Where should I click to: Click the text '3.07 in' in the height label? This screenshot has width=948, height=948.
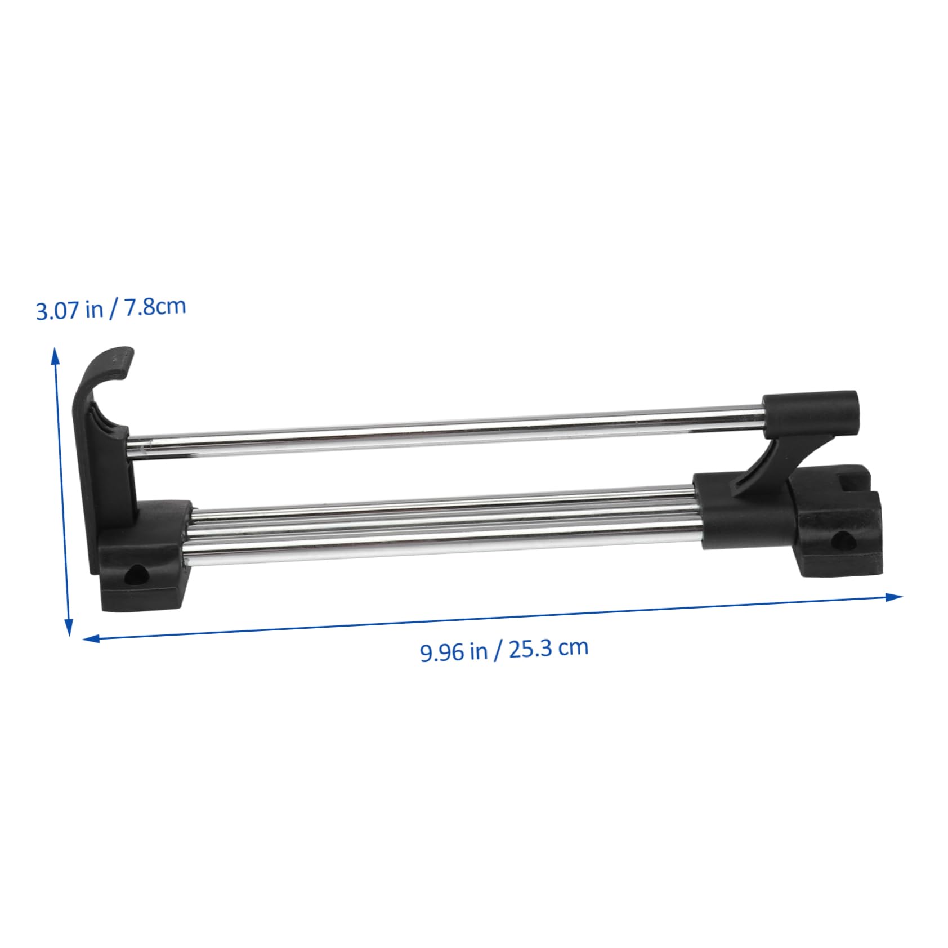click(x=65, y=311)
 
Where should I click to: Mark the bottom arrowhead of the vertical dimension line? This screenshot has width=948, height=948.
click(x=69, y=628)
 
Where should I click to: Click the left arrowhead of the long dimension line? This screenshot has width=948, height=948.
click(x=90, y=638)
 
